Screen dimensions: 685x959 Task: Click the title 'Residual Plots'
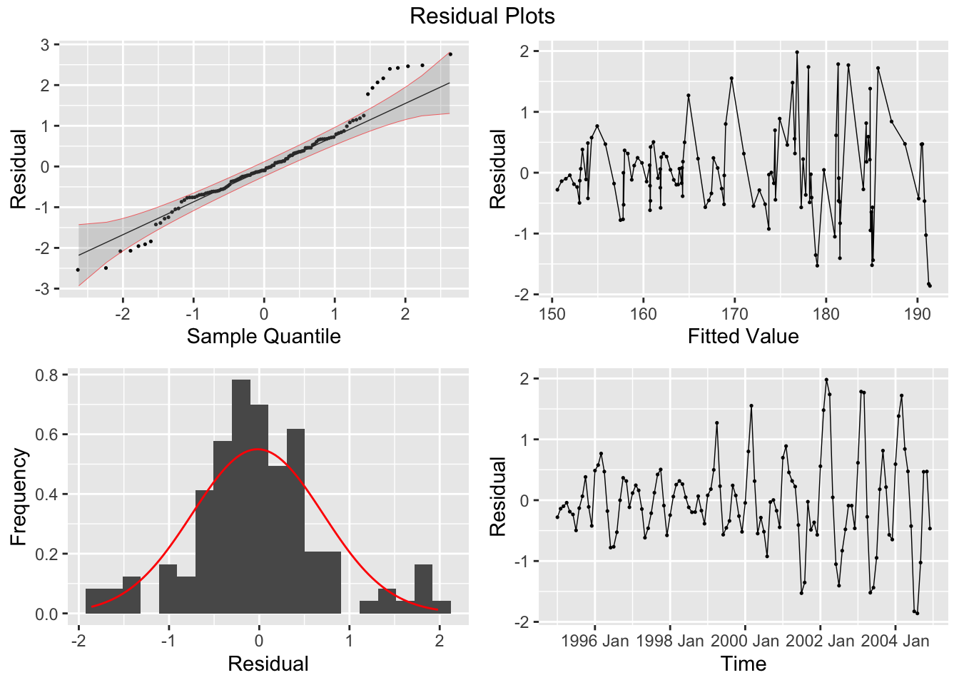click(x=482, y=16)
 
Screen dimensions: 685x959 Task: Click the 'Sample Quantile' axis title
click(x=263, y=336)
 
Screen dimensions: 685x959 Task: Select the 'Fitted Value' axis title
click(x=743, y=336)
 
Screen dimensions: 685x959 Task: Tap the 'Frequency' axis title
click(x=19, y=497)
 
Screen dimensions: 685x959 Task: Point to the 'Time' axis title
click(x=743, y=664)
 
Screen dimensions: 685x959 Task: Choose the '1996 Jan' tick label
click(x=595, y=640)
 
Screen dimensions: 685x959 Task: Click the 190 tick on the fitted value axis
click(x=918, y=313)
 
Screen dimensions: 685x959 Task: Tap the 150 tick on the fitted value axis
click(x=552, y=313)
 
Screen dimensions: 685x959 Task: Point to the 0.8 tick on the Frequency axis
click(x=48, y=375)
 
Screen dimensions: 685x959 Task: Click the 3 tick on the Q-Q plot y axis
click(x=45, y=45)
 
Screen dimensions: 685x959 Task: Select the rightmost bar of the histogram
click(x=442, y=607)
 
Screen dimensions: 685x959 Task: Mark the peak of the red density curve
click(x=258, y=449)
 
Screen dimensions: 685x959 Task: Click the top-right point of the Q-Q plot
click(x=450, y=54)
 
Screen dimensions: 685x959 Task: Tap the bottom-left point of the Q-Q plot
click(x=78, y=269)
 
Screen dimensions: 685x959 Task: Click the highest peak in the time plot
click(x=826, y=380)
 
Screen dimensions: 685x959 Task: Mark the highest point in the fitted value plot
click(x=797, y=52)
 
